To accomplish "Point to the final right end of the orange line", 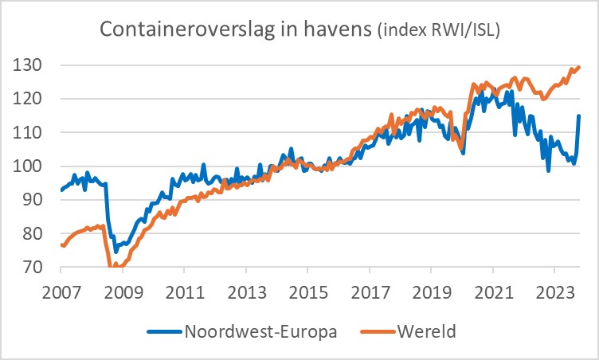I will point(578,67).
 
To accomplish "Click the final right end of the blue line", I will point(579,116).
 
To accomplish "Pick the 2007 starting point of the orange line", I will point(61,245).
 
